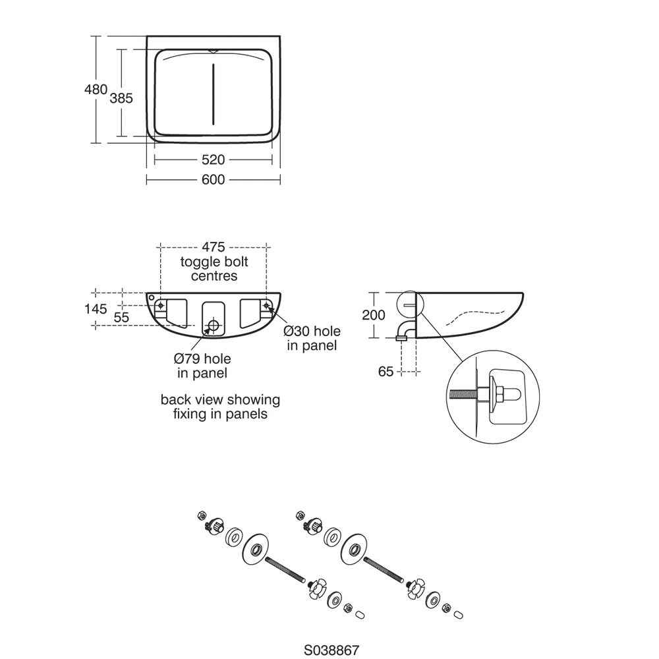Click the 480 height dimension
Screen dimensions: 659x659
tap(96, 89)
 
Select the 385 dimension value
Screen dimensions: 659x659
tap(121, 98)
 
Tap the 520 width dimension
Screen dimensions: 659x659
tap(213, 159)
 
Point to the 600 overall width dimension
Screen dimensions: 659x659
tap(213, 179)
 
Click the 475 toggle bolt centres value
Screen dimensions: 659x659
tap(214, 247)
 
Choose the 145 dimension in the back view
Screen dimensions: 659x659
tap(96, 308)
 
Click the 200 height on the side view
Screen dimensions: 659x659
tap(374, 315)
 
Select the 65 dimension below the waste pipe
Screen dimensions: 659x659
tap(386, 372)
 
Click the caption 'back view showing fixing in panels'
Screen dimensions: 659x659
tap(220, 407)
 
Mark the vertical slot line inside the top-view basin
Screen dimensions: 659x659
tap(213, 93)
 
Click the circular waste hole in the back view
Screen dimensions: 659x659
tap(213, 325)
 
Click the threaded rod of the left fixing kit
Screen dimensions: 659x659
tap(285, 570)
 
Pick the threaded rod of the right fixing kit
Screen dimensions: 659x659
tap(384, 570)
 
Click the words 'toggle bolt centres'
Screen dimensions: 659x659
tap(214, 269)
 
